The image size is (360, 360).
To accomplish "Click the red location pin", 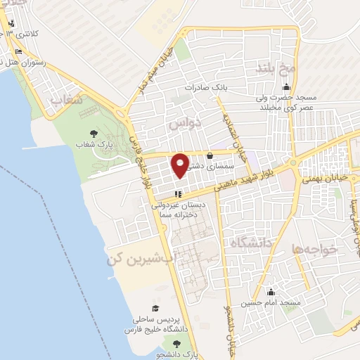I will point(180,165).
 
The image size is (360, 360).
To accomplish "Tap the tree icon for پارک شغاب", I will point(94,133).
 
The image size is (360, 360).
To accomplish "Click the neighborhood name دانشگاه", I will point(252,243).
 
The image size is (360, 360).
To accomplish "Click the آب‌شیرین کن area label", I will point(140,259).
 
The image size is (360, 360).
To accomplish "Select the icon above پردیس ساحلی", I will point(155,308).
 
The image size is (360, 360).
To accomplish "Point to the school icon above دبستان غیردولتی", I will point(179,193).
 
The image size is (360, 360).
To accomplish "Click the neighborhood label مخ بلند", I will point(274,70).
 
